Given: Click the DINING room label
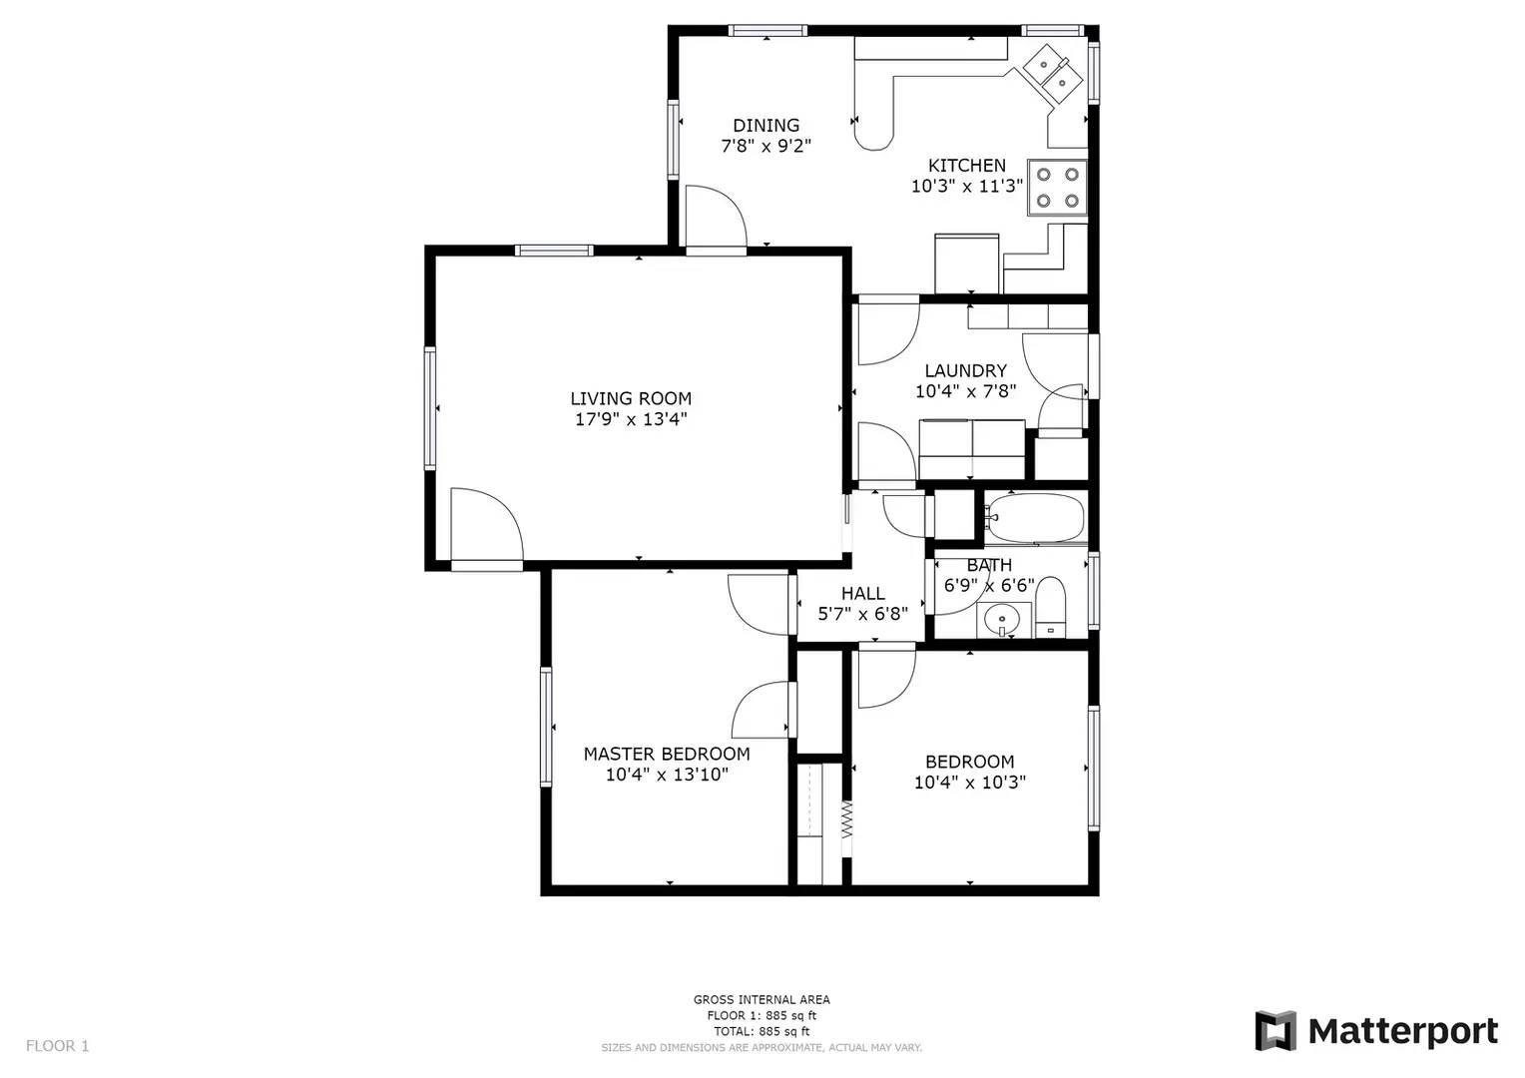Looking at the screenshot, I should click(765, 125).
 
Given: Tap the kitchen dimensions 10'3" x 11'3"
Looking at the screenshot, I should click(967, 186).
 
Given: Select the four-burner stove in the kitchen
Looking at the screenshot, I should click(1057, 188).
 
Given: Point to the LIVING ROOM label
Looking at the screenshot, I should click(631, 398).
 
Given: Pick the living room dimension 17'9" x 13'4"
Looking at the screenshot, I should click(631, 419).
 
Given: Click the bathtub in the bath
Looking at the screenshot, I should click(1034, 518).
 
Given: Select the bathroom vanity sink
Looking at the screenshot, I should click(1002, 620).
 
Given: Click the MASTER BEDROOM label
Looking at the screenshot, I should click(667, 754).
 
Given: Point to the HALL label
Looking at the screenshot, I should click(862, 593).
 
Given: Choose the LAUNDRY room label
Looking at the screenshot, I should click(965, 370).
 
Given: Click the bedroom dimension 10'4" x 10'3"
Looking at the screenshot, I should click(969, 783).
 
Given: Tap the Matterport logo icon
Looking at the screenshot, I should click(1274, 1030).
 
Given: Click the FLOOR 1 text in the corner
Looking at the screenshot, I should click(57, 1046).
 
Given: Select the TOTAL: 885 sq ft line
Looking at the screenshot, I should click(762, 1031).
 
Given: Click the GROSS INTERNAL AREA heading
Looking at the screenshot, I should click(762, 999).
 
